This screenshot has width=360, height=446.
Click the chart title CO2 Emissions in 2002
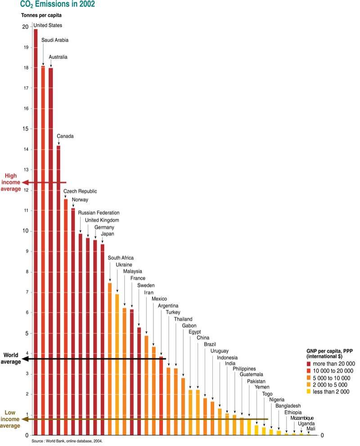[x=57, y=5]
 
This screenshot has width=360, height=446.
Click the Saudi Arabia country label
[x=55, y=40]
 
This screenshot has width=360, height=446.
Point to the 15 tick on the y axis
[x=25, y=129]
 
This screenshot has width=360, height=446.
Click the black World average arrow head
[x=25, y=359]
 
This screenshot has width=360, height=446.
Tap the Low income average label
[x=12, y=419]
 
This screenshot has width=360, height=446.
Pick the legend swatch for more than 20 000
[x=309, y=364]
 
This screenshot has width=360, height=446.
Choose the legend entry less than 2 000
[x=331, y=392]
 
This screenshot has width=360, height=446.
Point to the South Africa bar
[x=110, y=360]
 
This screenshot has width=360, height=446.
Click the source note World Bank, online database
[x=67, y=442]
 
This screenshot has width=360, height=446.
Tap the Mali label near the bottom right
[x=311, y=429]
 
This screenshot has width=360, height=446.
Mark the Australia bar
[x=50, y=252]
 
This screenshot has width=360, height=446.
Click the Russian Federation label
[x=99, y=212]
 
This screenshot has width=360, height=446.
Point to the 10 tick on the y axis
[x=25, y=231]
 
